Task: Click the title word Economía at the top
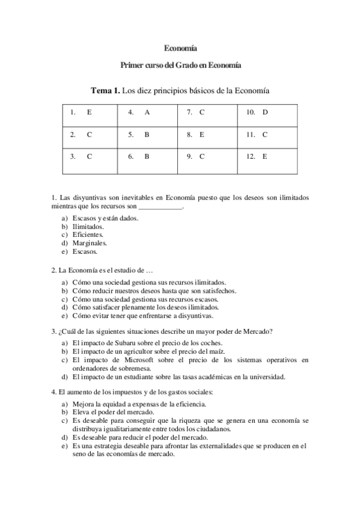(x=180, y=48)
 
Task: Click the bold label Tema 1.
(x=105, y=91)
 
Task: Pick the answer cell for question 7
(x=208, y=112)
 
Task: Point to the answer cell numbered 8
(x=208, y=135)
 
